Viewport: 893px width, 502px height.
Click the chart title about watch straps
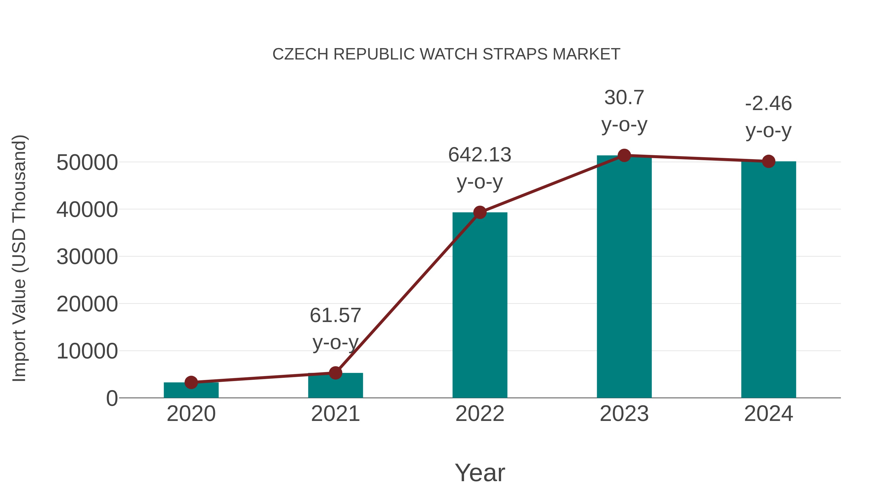tap(446, 54)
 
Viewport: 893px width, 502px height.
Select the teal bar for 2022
tap(480, 305)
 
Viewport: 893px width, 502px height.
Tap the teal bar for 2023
tap(624, 277)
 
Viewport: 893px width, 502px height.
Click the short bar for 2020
tap(191, 391)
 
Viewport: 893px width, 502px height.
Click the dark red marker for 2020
tap(191, 383)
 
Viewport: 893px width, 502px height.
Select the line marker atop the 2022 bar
tap(480, 212)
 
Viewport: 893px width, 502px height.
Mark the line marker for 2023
tap(624, 155)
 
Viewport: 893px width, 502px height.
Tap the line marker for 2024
tap(768, 161)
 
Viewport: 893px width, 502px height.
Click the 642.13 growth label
tap(480, 155)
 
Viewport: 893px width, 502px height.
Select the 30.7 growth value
tap(624, 98)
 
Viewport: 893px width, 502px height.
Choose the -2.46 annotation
tap(768, 104)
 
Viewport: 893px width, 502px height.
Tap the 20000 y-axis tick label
tap(87, 304)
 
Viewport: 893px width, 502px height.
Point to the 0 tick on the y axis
tap(112, 398)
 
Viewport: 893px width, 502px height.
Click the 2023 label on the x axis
tap(624, 414)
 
